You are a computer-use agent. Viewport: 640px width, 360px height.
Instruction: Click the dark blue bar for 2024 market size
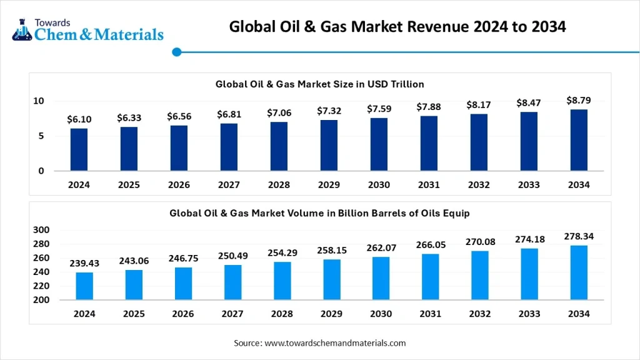[x=79, y=149]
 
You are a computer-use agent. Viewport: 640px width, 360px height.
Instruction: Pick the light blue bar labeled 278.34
[x=579, y=272]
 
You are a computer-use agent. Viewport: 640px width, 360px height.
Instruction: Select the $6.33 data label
[x=129, y=118]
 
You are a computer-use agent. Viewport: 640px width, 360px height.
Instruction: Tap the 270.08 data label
[x=479, y=242]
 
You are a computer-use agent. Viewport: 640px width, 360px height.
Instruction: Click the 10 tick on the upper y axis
[x=39, y=101]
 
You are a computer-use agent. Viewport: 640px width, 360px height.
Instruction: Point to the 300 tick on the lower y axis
[x=41, y=230]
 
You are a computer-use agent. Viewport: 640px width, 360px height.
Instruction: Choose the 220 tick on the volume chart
[x=41, y=286]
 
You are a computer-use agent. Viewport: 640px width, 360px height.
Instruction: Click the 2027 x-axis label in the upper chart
[x=229, y=185]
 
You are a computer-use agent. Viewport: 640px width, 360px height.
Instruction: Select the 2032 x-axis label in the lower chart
[x=479, y=314]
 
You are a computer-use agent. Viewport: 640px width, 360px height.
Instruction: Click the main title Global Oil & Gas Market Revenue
[x=397, y=27]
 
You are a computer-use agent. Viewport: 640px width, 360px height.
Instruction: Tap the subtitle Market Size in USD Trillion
[x=320, y=84]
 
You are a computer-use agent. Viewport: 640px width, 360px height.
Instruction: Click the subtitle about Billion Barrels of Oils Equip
[x=319, y=213]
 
